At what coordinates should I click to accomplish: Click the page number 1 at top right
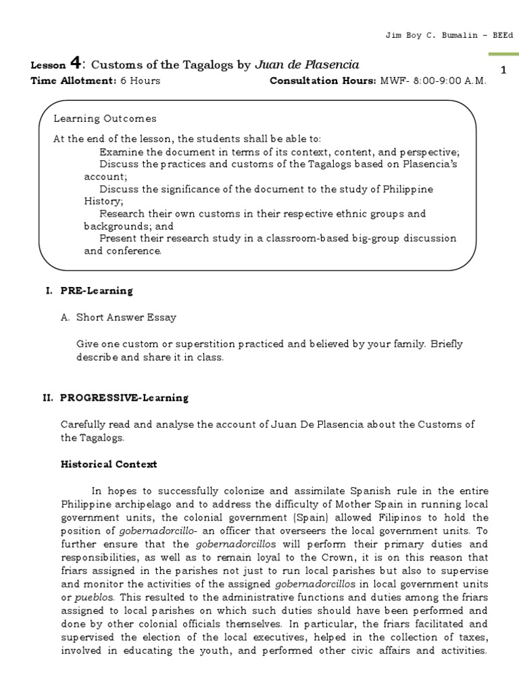pos(503,70)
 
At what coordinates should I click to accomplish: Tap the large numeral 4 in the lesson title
pos(77,64)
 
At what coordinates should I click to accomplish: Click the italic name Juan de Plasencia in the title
pos(307,65)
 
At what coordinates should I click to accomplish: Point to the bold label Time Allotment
pos(74,81)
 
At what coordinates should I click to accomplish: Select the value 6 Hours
pos(140,81)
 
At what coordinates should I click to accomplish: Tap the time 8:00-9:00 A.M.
pos(446,81)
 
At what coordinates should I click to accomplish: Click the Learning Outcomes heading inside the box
pos(105,118)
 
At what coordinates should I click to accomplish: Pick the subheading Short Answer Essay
pos(126,317)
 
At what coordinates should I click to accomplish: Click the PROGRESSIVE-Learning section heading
pos(124,398)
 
